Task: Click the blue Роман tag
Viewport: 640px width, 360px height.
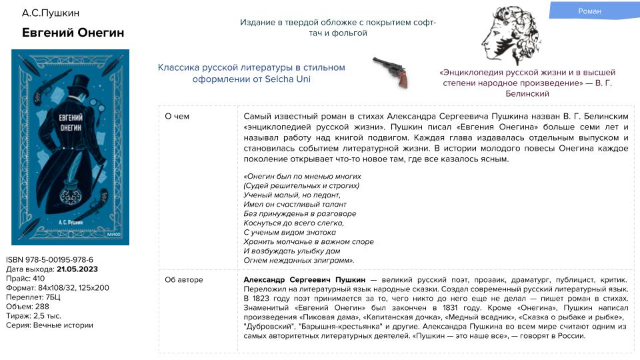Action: [589, 11]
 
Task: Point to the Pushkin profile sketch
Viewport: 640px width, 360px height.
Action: [510, 35]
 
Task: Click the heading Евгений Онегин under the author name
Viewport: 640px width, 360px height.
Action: [73, 33]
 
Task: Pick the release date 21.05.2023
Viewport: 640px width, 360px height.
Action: [77, 269]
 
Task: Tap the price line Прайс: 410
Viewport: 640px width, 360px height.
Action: [25, 279]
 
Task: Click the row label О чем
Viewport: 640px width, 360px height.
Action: [177, 117]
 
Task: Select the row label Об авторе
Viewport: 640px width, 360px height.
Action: [184, 280]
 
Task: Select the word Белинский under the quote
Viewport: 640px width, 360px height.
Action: [527, 94]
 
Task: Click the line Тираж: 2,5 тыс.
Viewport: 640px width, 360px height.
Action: [33, 316]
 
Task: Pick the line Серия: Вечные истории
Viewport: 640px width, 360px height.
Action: [49, 325]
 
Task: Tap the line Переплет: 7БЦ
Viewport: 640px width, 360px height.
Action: [33, 297]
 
